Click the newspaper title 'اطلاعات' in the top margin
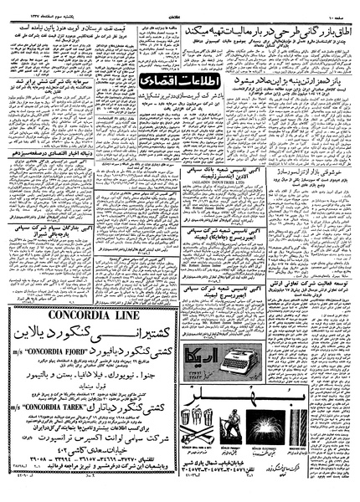click(181, 7)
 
